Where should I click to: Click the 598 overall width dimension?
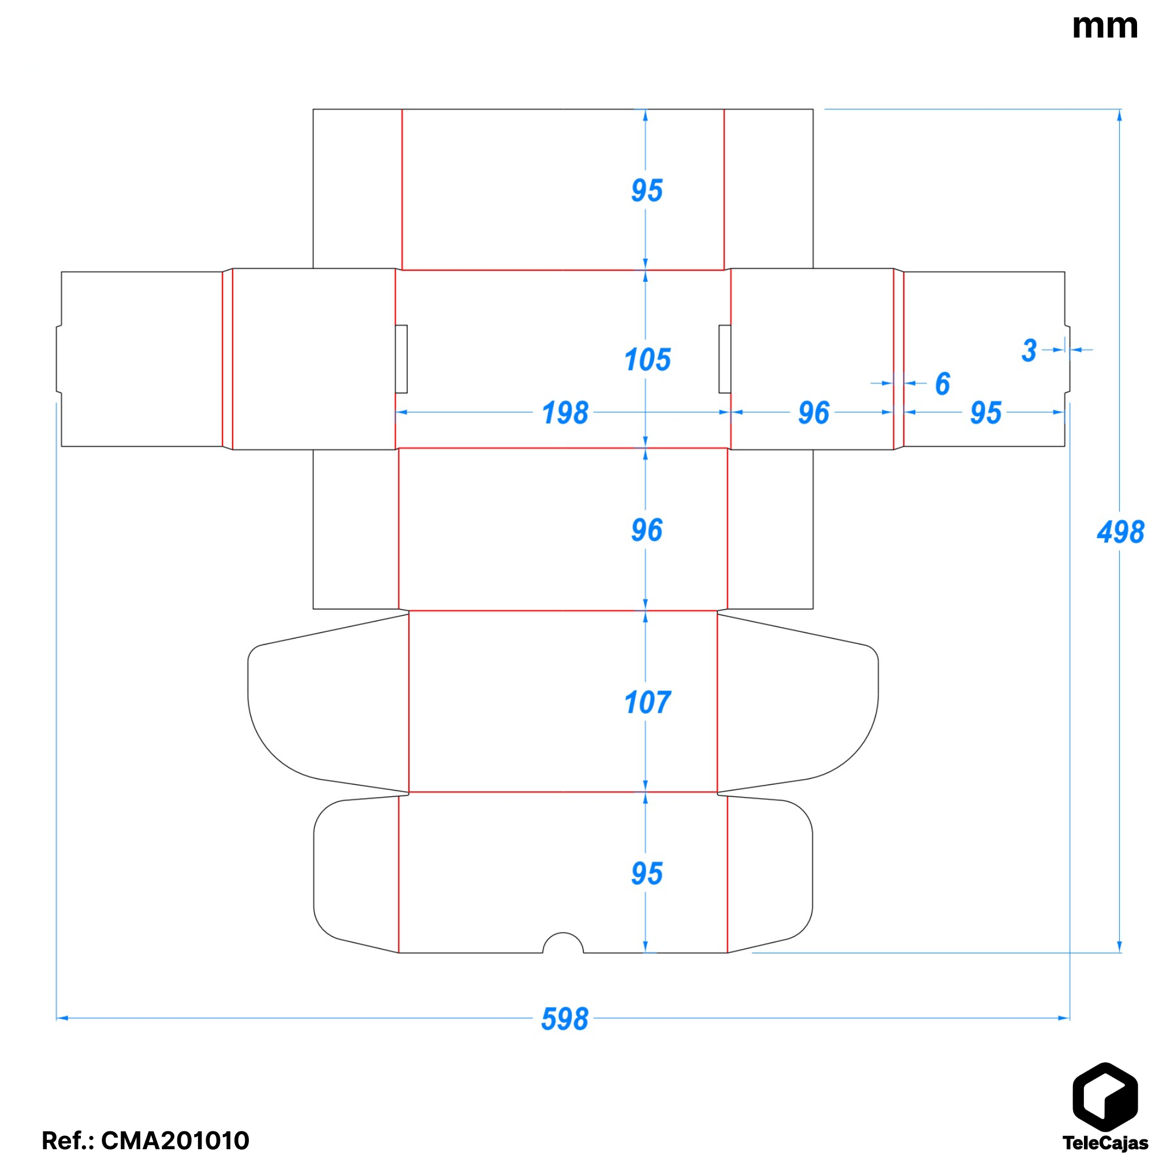pyautogui.click(x=564, y=1019)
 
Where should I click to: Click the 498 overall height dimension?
pyautogui.click(x=1120, y=532)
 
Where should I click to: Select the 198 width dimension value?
pyautogui.click(x=565, y=413)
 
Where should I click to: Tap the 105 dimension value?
pyautogui.click(x=647, y=360)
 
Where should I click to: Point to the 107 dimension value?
pyautogui.click(x=647, y=702)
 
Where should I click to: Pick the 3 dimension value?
pyautogui.click(x=1029, y=351)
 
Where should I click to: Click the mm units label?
pyautogui.click(x=1104, y=27)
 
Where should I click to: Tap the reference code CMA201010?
pyautogui.click(x=174, y=1140)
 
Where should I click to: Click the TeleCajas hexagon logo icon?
pyautogui.click(x=1105, y=1098)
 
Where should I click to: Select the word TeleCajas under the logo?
pyautogui.click(x=1105, y=1142)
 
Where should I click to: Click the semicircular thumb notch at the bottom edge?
pyautogui.click(x=562, y=944)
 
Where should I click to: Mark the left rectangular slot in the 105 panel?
pyautogui.click(x=401, y=359)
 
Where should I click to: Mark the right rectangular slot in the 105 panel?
pyautogui.click(x=725, y=359)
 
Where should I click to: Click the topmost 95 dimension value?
pyautogui.click(x=647, y=191)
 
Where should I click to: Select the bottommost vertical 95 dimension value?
pyautogui.click(x=647, y=873)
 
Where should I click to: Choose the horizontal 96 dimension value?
pyautogui.click(x=814, y=413)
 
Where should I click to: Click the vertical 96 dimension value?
pyautogui.click(x=647, y=530)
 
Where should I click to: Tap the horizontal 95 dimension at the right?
pyautogui.click(x=985, y=413)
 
